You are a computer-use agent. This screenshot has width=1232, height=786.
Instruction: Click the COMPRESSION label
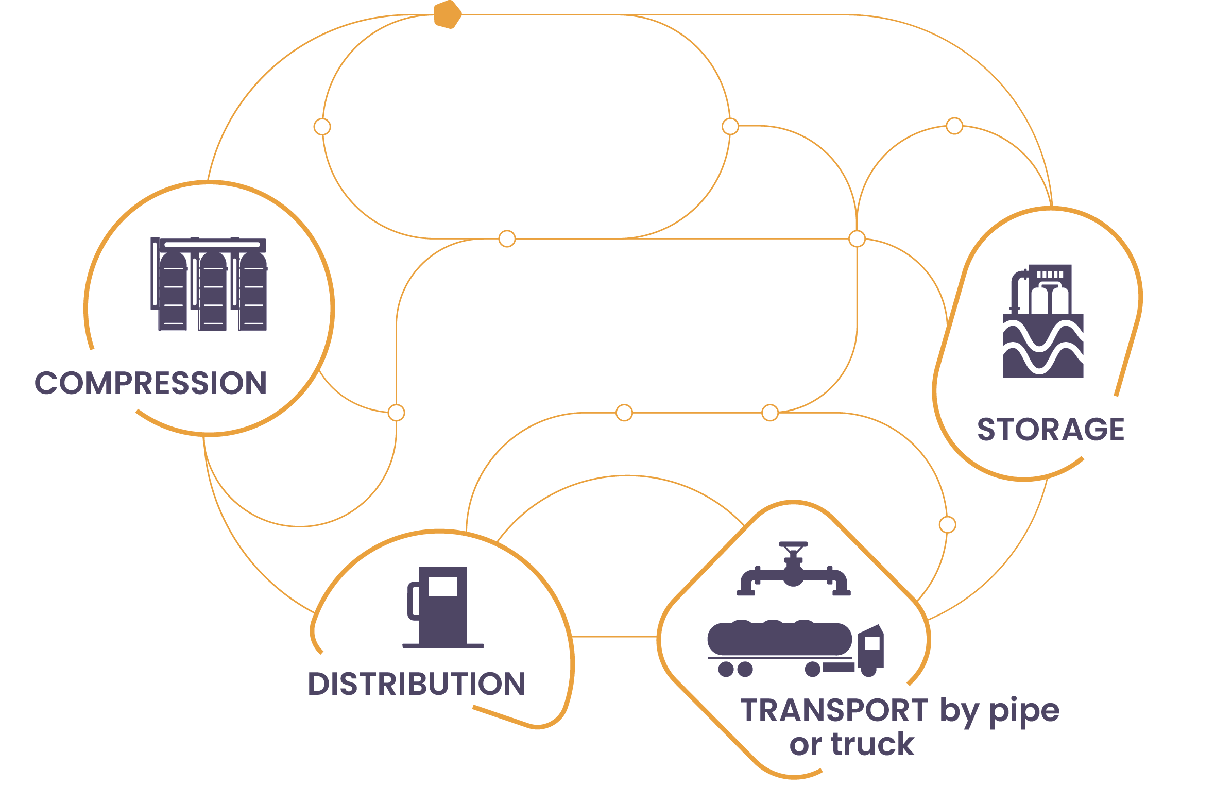tap(150, 383)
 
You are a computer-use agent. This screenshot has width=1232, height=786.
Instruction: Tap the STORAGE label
tap(1051, 430)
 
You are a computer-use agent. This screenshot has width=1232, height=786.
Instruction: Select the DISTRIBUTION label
tap(416, 684)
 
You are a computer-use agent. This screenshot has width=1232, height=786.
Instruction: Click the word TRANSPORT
tap(834, 711)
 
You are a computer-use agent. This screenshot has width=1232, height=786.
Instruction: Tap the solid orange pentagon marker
tap(447, 15)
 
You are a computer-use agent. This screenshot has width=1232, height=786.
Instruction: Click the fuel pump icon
tap(442, 607)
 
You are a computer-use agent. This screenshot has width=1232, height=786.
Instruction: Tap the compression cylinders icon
tap(209, 284)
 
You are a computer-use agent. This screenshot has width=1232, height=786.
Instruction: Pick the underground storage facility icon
tap(1043, 321)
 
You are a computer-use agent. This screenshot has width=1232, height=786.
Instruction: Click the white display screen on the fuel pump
tap(442, 587)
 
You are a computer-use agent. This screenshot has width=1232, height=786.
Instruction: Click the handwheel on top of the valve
tap(793, 544)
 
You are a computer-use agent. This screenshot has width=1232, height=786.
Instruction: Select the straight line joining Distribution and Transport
tap(614, 637)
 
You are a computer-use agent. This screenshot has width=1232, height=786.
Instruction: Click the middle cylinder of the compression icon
tap(213, 292)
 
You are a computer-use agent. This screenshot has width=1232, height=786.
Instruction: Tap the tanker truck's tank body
tap(779, 639)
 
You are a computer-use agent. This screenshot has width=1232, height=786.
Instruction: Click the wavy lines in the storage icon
tap(1043, 348)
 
